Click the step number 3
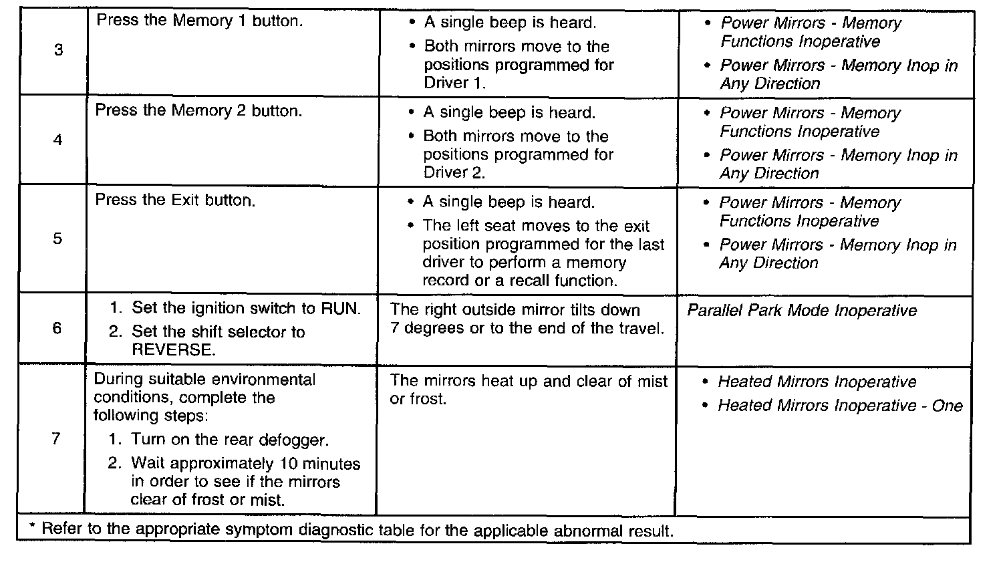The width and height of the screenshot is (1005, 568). click(x=58, y=50)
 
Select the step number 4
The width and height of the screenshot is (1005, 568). click(x=58, y=140)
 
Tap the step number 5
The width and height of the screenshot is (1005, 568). click(x=57, y=239)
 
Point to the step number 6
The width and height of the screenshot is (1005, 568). click(x=57, y=328)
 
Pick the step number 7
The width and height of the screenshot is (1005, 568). click(x=56, y=438)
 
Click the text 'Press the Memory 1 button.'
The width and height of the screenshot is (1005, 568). click(x=200, y=21)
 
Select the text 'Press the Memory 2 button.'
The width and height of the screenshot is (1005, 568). click(x=198, y=110)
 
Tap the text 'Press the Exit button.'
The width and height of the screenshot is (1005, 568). click(x=175, y=200)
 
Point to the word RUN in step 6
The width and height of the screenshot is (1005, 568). click(x=341, y=309)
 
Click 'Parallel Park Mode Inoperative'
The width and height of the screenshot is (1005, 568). click(x=802, y=311)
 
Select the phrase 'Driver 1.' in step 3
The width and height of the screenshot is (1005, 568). click(x=454, y=84)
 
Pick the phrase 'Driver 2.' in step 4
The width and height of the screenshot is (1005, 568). click(x=454, y=172)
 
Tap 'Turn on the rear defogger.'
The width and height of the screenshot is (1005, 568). click(x=230, y=440)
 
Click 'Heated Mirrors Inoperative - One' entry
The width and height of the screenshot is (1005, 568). click(x=840, y=406)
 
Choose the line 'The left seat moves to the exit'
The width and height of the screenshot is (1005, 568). click(x=536, y=227)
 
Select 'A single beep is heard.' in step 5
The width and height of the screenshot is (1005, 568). click(x=509, y=202)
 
